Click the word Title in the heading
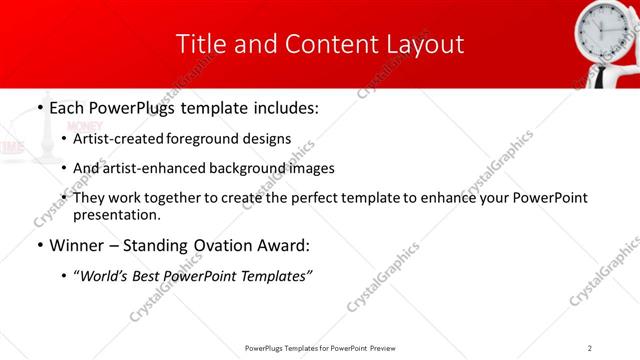click(x=199, y=44)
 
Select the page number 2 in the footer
click(x=590, y=347)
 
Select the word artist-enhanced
click(x=150, y=168)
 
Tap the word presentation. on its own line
click(x=116, y=214)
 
